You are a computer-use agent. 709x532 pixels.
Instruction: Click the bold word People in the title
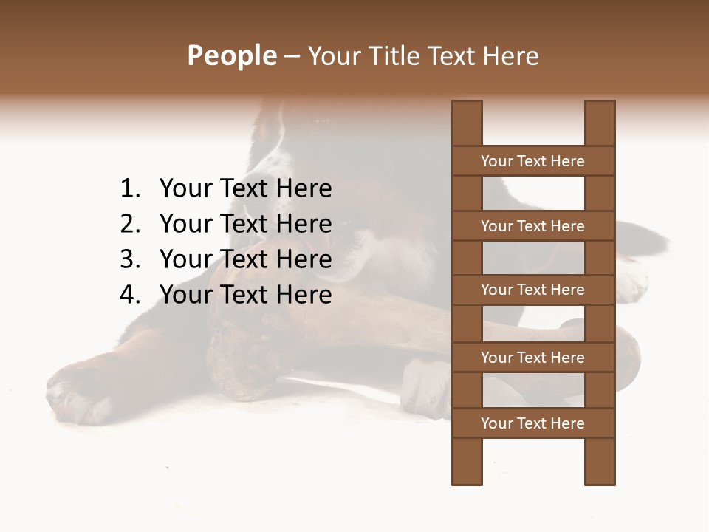click(x=231, y=55)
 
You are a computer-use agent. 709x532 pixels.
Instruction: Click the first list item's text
click(x=245, y=189)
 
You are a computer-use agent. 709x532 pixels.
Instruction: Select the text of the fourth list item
click(x=245, y=295)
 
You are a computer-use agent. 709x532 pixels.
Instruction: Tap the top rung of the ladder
click(x=532, y=161)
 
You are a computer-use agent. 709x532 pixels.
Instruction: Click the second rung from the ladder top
click(x=532, y=226)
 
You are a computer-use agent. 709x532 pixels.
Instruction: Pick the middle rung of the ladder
click(x=532, y=290)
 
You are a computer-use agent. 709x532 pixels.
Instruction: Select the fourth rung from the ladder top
click(x=532, y=358)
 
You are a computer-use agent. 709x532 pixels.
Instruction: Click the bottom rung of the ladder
click(x=532, y=423)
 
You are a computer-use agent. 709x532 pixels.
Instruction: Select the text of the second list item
click(x=245, y=224)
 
